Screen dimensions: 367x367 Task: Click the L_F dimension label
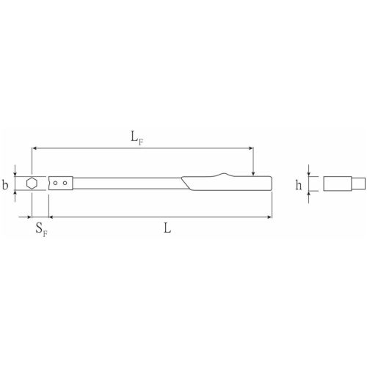137,138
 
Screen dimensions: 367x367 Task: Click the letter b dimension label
5,185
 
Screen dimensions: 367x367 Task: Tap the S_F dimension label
42,230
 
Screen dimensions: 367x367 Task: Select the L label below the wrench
167,228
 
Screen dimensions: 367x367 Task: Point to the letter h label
299,185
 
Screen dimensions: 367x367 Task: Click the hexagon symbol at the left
32,183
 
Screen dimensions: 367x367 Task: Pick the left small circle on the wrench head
56,183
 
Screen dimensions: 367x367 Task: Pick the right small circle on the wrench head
65,183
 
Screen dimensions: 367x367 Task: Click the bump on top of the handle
223,175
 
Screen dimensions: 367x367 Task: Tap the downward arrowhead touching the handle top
253,173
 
